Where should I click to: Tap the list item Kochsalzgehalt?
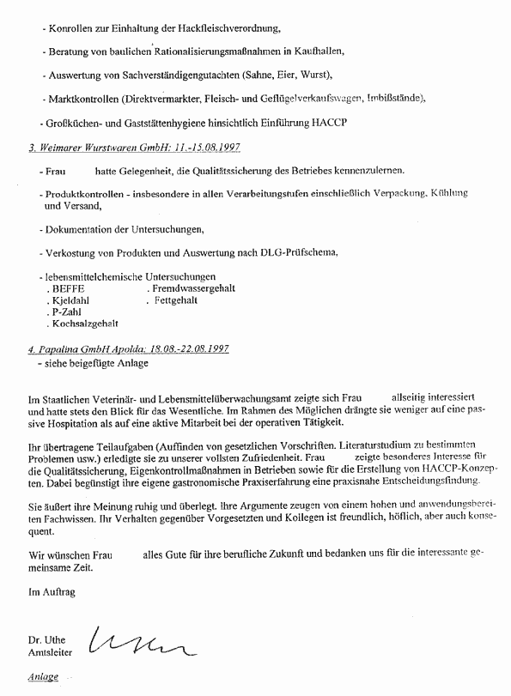point(85,324)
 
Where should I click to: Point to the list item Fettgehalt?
point(176,301)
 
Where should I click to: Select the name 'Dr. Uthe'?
point(48,640)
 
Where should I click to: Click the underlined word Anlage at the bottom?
point(43,676)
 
